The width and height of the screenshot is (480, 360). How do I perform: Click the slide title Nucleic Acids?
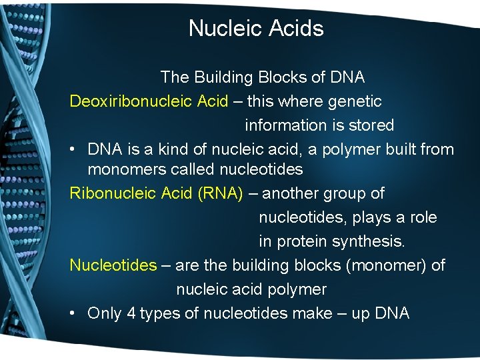(x=256, y=28)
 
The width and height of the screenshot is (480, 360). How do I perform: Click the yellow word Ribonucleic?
(x=113, y=193)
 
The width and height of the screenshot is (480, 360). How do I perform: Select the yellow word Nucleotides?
(x=113, y=265)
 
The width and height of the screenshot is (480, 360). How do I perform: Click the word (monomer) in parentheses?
(x=386, y=265)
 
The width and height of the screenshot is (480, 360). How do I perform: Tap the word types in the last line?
(x=159, y=314)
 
